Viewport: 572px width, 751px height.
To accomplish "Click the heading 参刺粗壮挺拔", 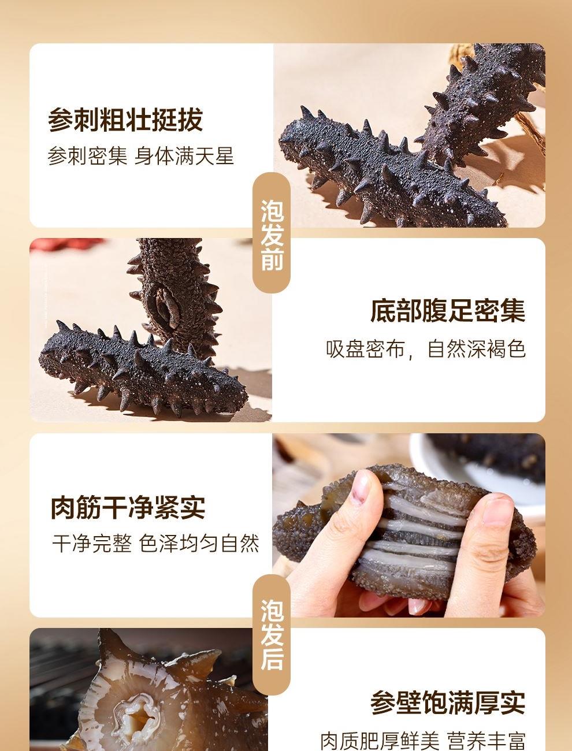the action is [125, 120].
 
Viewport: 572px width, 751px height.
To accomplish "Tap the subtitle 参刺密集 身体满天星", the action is [140, 157].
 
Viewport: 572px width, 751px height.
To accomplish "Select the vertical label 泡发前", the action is [272, 235].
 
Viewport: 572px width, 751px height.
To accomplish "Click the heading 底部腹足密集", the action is [447, 311].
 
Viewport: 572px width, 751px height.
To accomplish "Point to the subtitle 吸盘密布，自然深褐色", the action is [426, 349].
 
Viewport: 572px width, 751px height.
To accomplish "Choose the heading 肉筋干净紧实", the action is [128, 507].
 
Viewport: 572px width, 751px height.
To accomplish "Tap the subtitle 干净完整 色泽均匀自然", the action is [155, 544].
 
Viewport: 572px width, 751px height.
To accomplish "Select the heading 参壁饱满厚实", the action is [447, 702].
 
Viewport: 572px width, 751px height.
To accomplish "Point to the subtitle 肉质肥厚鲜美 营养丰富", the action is [423, 741].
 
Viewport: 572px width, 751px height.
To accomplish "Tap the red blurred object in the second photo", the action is [65, 245].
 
